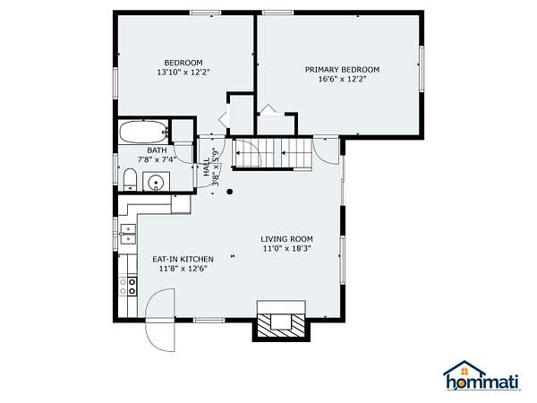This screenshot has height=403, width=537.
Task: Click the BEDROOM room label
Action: pos(183,63)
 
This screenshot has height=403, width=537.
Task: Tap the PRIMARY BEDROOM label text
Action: pos(342,70)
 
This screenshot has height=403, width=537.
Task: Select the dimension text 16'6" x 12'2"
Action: pos(343,79)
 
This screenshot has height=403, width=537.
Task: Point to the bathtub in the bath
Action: pos(143,132)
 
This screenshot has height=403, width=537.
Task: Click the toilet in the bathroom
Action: pos(130,179)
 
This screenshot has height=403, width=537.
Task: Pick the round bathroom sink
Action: pos(156,182)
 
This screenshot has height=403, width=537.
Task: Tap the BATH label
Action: pos(157,150)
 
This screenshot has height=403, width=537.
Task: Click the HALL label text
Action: pos(207,167)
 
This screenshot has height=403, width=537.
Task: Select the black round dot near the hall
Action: pos(230,192)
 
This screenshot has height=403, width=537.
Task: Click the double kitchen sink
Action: pos(128,234)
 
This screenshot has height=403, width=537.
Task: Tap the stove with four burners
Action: pos(128,287)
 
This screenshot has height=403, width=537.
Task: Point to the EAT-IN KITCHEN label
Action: pos(183,259)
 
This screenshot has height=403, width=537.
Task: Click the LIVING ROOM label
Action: pos(286,239)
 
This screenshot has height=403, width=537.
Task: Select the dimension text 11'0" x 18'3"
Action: pos(286,248)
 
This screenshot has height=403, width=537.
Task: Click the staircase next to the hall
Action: pos(272,153)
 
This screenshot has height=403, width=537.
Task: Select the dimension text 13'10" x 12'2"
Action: pos(183,73)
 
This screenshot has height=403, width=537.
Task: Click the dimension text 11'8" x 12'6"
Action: pos(183,269)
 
